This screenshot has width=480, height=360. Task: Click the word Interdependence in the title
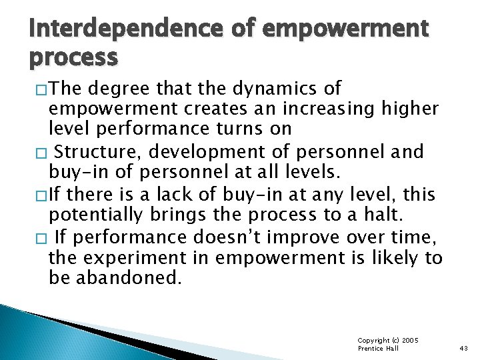point(113,30)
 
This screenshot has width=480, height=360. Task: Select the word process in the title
point(73,57)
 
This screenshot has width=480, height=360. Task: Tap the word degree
point(126,88)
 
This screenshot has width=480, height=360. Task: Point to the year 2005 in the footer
point(411,340)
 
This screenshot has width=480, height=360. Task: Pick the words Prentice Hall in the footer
point(379,349)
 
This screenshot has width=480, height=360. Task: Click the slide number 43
point(464,349)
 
